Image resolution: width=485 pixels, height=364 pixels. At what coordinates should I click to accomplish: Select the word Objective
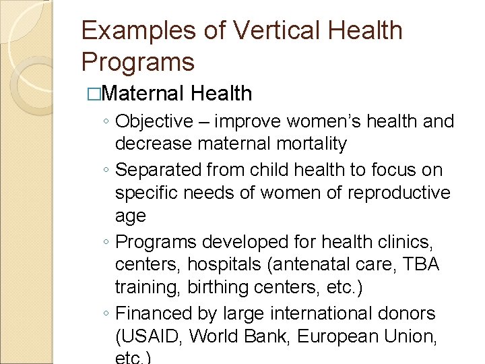[x=154, y=121]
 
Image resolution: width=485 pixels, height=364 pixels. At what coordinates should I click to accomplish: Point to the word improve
[x=251, y=121]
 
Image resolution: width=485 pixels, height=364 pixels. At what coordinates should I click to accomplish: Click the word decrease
[x=150, y=144]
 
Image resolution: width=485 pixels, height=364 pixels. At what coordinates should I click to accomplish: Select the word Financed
[x=152, y=313]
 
